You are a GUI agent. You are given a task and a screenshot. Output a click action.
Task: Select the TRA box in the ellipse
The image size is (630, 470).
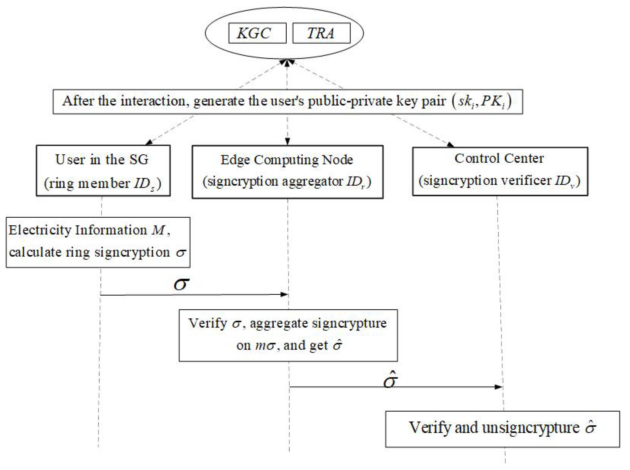[x=321, y=33]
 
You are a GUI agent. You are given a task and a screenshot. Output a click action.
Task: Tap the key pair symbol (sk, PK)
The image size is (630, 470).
[x=482, y=102]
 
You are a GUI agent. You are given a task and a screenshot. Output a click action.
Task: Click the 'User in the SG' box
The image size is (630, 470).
[x=103, y=171]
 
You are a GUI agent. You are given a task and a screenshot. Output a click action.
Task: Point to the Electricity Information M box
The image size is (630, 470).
[x=98, y=242]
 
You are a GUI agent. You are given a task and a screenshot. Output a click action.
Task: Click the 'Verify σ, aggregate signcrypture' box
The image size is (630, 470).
[x=288, y=335]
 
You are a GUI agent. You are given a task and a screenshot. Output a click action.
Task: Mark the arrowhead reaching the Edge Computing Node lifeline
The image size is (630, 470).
[x=284, y=295]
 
